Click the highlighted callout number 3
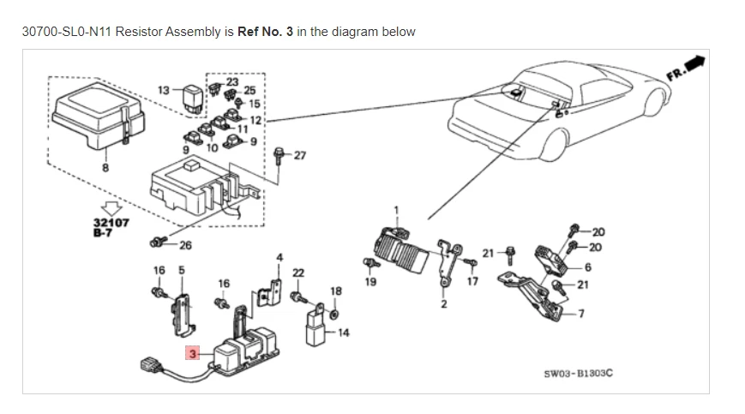pyautogui.click(x=194, y=352)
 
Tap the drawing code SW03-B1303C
pyautogui.click(x=579, y=374)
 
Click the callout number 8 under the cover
pyautogui.click(x=105, y=168)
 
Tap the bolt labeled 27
pyautogui.click(x=280, y=156)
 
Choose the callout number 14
pyautogui.click(x=344, y=333)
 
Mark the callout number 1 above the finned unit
pyautogui.click(x=396, y=210)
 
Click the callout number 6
pyautogui.click(x=587, y=267)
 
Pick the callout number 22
pyautogui.click(x=297, y=273)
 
